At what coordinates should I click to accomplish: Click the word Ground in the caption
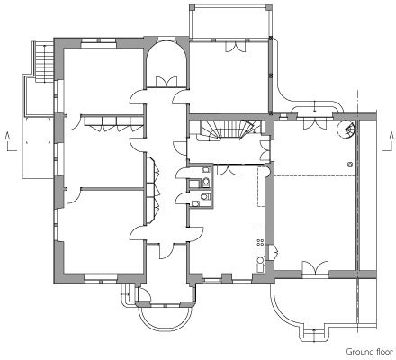[357, 352]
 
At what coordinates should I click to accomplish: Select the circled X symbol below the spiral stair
[350, 165]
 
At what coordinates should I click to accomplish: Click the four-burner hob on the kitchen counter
[260, 242]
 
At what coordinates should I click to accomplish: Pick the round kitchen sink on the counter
[260, 260]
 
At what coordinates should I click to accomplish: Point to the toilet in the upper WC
[206, 182]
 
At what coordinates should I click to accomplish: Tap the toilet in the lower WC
[205, 197]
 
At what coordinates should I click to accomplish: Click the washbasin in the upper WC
[206, 170]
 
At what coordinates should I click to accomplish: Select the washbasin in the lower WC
[195, 204]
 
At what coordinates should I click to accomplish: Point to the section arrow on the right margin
[388, 141]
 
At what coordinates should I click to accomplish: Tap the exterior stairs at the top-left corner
[44, 62]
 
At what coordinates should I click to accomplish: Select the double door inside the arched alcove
[166, 82]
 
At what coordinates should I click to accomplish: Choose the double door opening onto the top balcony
[236, 46]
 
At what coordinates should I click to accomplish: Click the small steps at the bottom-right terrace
[314, 335]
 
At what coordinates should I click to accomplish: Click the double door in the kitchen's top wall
[228, 170]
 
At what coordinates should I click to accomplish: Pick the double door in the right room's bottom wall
[315, 267]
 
